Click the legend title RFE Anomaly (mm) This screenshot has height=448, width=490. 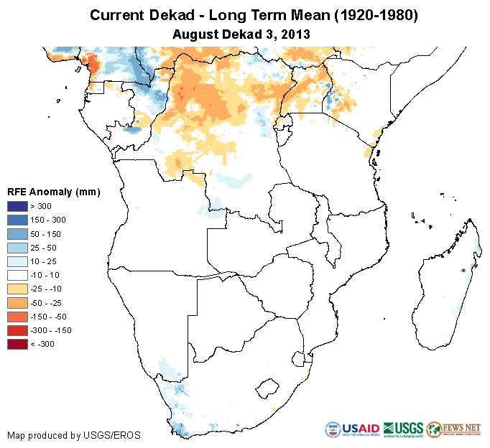[x=53, y=192]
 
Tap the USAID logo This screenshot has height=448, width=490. [x=352, y=430]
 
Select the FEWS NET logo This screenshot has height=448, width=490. [x=453, y=430]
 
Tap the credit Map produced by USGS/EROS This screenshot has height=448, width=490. [x=74, y=435]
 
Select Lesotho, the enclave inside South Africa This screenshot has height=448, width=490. [x=267, y=388]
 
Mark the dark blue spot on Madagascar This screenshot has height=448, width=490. [x=463, y=270]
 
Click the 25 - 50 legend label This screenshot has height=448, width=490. [x=47, y=247]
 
